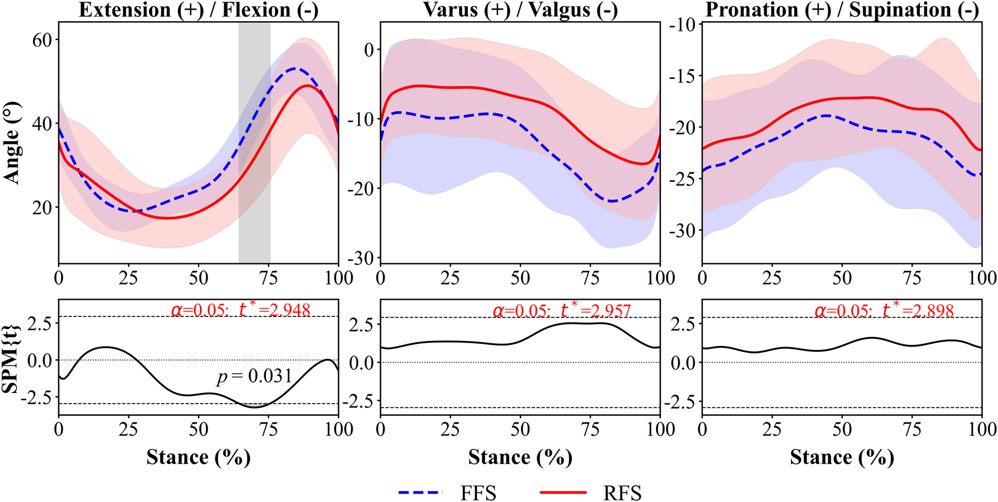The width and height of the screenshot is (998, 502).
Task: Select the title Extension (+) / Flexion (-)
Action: (x=198, y=10)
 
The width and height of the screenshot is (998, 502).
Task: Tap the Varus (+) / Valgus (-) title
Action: (x=520, y=10)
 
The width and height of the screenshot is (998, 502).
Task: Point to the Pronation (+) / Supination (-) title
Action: (x=842, y=10)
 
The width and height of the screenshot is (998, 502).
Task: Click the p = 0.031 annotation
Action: (x=254, y=376)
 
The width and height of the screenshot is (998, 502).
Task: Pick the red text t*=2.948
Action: (x=274, y=310)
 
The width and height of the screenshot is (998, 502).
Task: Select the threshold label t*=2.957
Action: (x=596, y=311)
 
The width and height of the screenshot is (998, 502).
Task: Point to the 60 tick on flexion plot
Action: (x=42, y=40)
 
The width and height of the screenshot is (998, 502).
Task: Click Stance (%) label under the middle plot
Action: (x=520, y=457)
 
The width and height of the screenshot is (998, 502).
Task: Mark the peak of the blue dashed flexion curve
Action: (x=294, y=69)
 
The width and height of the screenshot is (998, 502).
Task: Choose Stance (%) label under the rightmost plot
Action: (x=842, y=457)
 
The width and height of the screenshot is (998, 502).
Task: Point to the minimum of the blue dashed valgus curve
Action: (x=612, y=201)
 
